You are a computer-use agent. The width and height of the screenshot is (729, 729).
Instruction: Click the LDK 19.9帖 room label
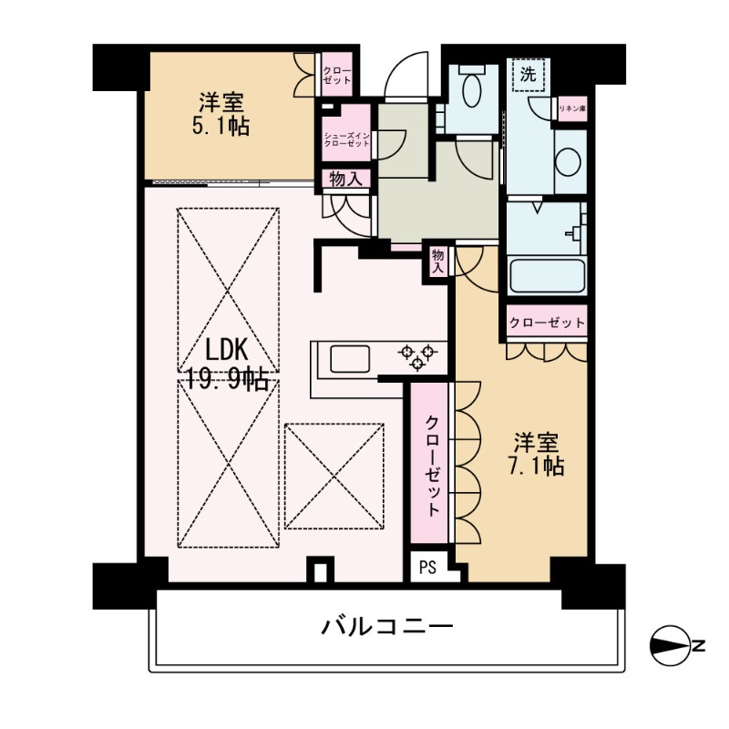tap(228, 365)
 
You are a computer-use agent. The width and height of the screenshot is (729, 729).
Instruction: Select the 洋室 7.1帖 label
tap(536, 455)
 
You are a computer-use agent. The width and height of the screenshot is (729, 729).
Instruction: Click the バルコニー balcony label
tap(387, 627)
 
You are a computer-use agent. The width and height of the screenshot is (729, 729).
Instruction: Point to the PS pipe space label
tap(427, 567)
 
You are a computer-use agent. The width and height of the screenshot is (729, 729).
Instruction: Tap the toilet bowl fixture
tap(471, 86)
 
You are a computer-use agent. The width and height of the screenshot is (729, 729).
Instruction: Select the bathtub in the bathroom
tap(547, 276)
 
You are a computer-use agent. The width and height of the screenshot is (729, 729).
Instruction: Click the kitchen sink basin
tap(350, 359)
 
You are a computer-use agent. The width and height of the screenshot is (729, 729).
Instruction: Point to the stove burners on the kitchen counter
tap(417, 357)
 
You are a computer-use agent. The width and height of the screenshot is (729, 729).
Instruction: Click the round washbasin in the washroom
tap(568, 162)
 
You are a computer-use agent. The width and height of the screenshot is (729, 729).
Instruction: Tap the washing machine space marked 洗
tap(529, 75)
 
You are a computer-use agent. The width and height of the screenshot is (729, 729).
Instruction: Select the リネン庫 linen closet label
tap(572, 108)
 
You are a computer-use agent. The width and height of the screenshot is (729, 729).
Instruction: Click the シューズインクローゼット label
tap(347, 139)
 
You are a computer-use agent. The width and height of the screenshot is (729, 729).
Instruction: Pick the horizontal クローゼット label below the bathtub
tap(547, 323)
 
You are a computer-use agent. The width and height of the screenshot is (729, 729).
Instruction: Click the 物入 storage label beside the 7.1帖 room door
tap(438, 262)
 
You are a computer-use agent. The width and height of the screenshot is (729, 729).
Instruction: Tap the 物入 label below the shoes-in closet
tap(346, 179)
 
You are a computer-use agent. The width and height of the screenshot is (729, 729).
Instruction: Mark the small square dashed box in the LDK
tap(334, 476)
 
